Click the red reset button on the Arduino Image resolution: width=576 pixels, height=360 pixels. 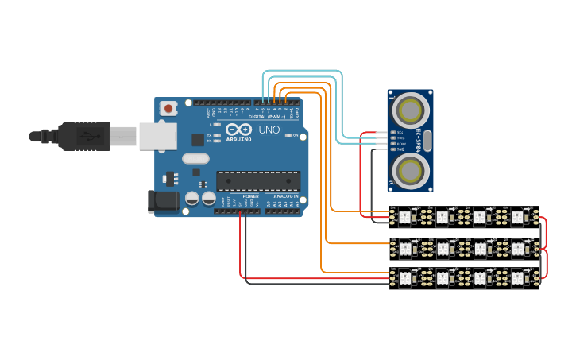point(168,107)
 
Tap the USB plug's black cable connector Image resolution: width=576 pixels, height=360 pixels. point(83,136)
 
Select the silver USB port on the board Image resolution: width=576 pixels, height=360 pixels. point(157,136)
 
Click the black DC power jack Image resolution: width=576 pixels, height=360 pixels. point(164,201)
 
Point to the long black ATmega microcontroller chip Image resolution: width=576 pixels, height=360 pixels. point(258,181)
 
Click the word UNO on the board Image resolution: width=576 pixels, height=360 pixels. point(269,129)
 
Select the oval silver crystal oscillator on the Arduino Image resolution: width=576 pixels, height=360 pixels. point(195,158)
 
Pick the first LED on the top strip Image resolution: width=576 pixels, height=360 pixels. point(405,215)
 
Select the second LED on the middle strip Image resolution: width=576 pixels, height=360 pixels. point(443,249)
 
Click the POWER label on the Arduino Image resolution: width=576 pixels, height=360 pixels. point(250,196)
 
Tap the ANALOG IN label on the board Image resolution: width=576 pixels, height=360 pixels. point(286,196)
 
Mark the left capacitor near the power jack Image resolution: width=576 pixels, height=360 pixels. point(191,198)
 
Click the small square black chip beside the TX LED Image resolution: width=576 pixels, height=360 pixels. point(198,140)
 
